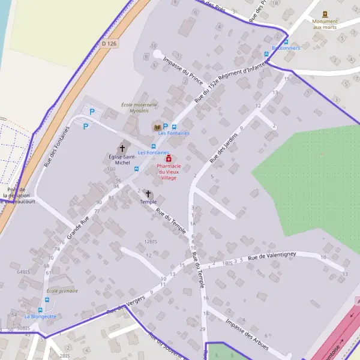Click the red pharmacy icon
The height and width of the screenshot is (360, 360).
(168, 158)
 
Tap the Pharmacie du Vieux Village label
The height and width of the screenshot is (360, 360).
(168, 172)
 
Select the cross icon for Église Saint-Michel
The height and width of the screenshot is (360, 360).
(122, 148)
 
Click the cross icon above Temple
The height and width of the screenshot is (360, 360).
(148, 194)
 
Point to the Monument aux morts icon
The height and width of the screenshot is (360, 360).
(325, 13)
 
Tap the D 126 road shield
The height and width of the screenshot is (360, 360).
(108, 43)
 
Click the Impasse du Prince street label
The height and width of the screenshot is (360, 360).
(183, 71)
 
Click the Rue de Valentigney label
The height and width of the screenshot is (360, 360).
(274, 256)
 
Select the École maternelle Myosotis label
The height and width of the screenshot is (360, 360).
(139, 107)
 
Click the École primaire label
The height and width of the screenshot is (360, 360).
(62, 291)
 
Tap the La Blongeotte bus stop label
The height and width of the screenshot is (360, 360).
(40, 316)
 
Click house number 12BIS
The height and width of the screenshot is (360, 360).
(150, 241)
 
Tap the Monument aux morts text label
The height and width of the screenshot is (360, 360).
(325, 24)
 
